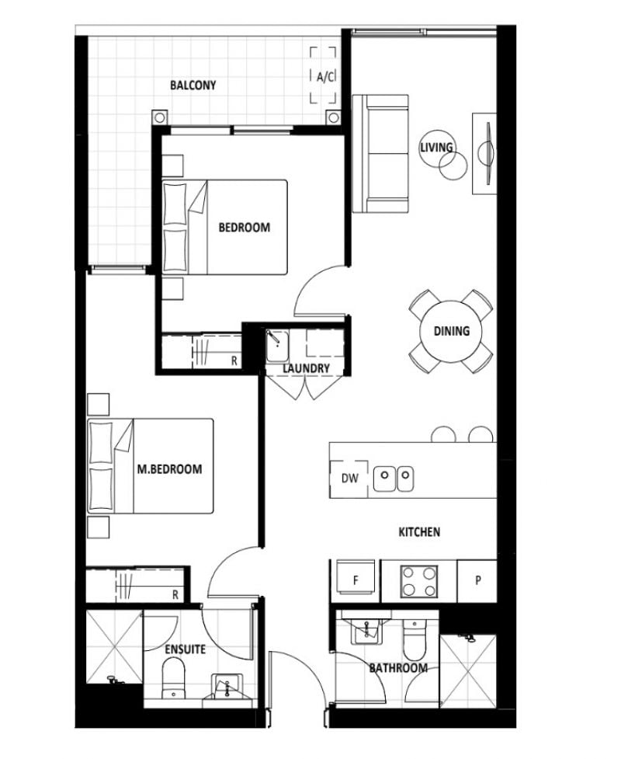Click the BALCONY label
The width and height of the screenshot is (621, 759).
[193, 85]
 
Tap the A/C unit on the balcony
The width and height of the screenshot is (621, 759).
[323, 75]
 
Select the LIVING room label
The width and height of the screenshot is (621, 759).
[436, 147]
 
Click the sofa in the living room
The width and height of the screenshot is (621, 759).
[380, 154]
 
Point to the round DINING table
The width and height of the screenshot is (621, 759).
[452, 332]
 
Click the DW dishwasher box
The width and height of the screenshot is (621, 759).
[349, 479]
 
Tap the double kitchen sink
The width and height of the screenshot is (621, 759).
[394, 479]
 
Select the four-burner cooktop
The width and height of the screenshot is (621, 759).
[419, 581]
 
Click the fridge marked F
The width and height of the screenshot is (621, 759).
[356, 580]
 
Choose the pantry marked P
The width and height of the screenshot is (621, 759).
[477, 581]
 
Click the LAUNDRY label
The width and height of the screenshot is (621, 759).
[306, 368]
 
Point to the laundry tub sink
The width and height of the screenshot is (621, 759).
[277, 346]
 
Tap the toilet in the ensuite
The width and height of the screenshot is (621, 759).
[173, 680]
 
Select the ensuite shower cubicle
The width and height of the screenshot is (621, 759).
[114, 646]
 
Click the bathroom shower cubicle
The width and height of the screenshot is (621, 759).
[468, 672]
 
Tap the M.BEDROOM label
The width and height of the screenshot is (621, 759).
[170, 469]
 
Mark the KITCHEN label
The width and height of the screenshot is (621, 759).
[419, 532]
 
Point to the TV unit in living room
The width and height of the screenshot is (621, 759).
[484, 154]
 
